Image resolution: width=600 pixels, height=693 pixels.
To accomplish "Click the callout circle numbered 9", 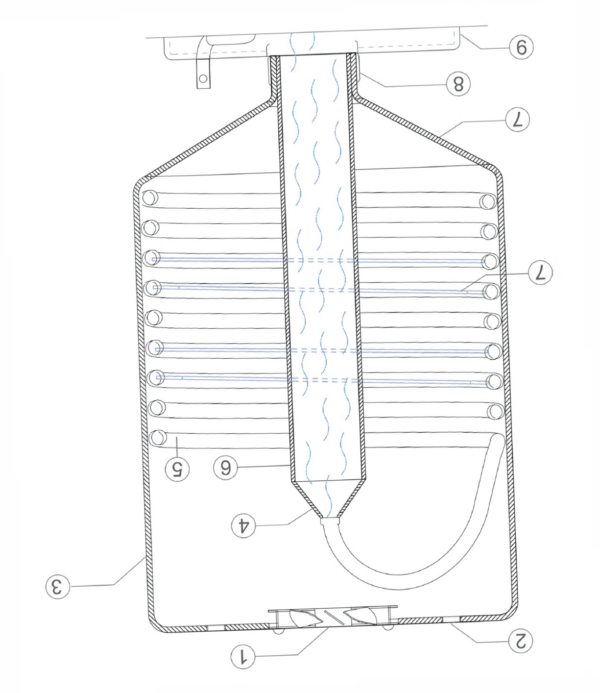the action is [521, 47].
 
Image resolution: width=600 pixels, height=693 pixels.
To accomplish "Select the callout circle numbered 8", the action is [458, 84].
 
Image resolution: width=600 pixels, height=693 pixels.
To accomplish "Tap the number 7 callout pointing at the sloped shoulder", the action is [518, 120].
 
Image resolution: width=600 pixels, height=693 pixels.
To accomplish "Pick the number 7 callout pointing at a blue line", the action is [540, 273].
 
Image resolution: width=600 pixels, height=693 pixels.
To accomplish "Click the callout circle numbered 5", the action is [177, 469].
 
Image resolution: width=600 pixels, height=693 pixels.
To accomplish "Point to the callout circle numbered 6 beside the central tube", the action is [225, 468].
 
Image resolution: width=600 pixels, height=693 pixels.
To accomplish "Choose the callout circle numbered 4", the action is [243, 525].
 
